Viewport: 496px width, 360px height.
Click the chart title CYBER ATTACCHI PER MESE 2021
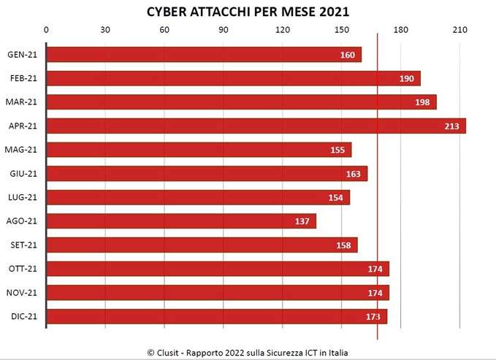(248, 12)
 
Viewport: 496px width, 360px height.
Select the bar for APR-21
(256, 126)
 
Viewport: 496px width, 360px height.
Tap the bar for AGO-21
(181, 221)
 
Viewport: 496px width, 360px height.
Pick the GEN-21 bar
(204, 55)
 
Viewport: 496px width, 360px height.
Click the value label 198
(422, 102)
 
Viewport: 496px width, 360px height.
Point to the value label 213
(451, 126)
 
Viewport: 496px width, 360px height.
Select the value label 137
(302, 221)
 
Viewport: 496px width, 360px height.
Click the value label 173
(373, 317)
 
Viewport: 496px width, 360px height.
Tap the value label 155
(337, 150)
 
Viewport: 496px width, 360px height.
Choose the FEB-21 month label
(23, 79)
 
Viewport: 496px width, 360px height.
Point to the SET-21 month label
(23, 245)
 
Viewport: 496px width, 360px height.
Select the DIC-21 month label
(23, 317)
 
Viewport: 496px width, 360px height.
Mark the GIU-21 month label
(23, 174)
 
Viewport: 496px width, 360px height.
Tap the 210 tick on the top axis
(459, 30)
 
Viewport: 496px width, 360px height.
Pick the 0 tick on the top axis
(47, 30)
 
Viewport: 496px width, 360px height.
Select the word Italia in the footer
(336, 352)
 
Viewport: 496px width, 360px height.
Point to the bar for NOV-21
(218, 293)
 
